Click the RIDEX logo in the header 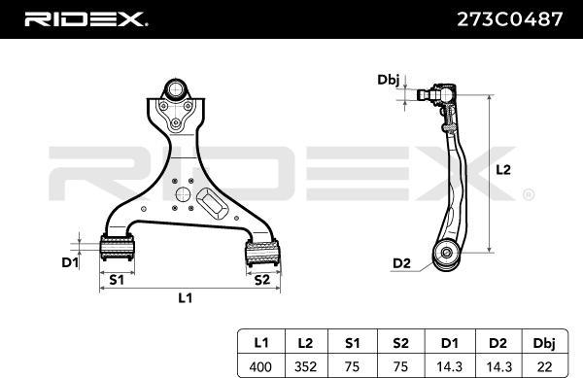[x=86, y=18]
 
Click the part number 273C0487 [x=507, y=18]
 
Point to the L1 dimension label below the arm [x=185, y=298]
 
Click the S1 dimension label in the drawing [x=116, y=280]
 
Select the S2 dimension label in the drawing [x=261, y=280]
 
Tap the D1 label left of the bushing [x=69, y=261]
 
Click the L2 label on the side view [x=503, y=169]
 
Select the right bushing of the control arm [x=261, y=254]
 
